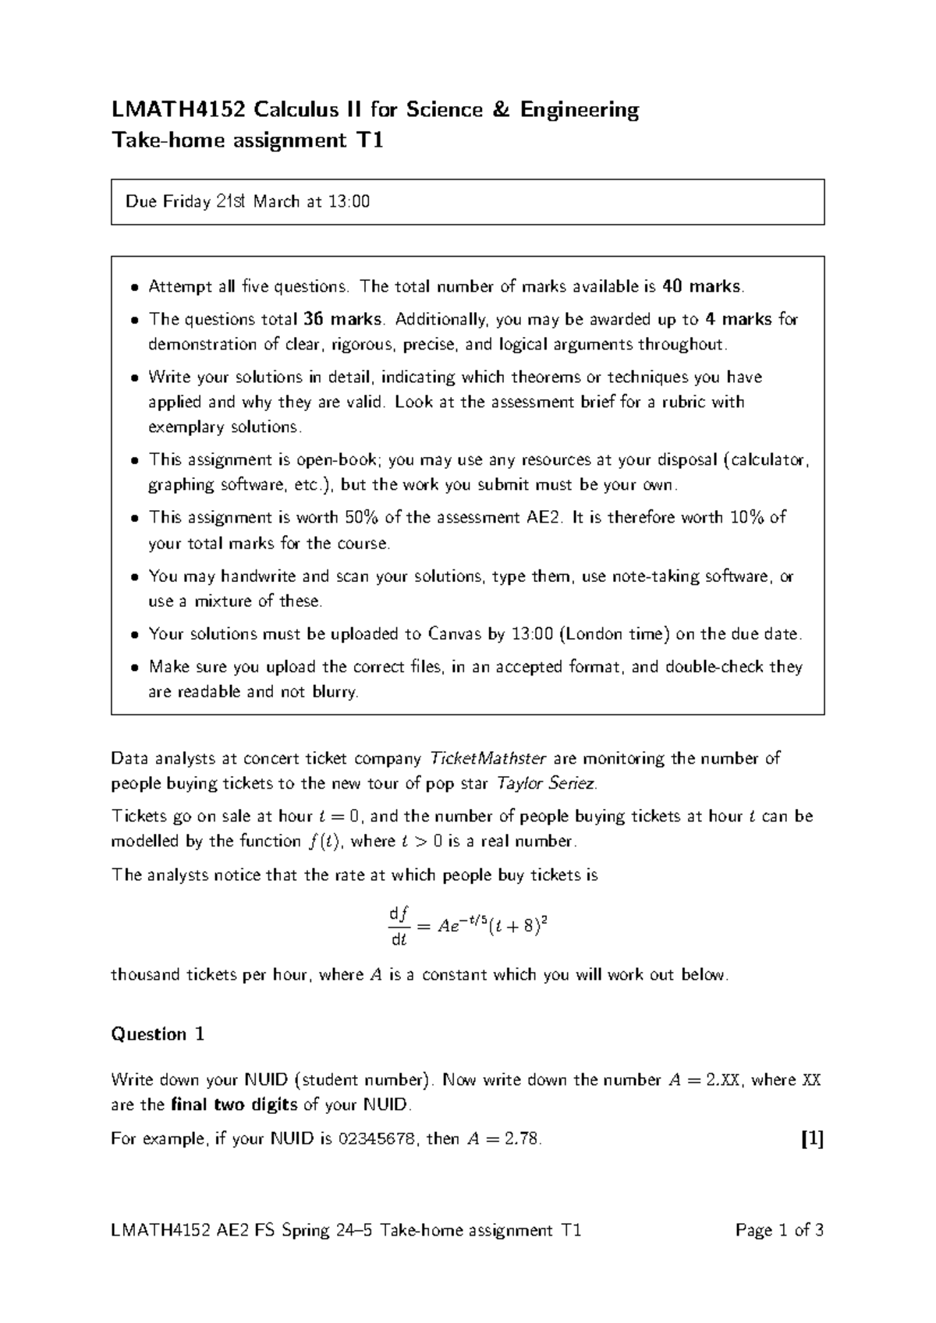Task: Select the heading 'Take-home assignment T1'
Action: click(247, 141)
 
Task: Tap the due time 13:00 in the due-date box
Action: click(349, 202)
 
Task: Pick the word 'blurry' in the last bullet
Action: click(334, 692)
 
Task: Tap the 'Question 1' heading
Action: click(158, 1034)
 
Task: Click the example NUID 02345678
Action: click(377, 1139)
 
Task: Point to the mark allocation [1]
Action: click(812, 1139)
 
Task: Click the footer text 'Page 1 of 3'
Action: click(779, 1232)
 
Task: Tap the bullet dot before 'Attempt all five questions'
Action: click(135, 287)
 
